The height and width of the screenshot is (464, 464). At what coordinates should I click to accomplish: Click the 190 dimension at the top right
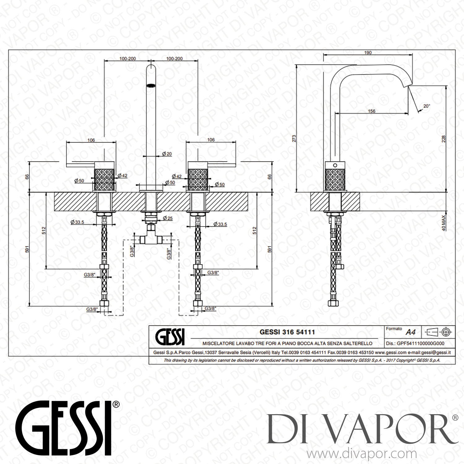tap(368, 53)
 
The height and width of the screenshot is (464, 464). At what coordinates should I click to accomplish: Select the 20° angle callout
tap(427, 106)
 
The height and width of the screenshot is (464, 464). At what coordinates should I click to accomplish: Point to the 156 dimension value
tap(372, 111)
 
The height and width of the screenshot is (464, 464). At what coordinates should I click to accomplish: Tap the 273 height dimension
tap(294, 138)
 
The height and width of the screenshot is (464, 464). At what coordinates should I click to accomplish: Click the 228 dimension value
tap(444, 139)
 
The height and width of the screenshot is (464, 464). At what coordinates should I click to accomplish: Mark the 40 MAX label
tap(444, 223)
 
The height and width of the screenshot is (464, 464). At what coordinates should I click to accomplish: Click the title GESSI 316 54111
tap(287, 332)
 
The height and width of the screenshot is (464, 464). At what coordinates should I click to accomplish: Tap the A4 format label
tap(410, 332)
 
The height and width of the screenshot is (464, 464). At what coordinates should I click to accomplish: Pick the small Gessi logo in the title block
tap(170, 337)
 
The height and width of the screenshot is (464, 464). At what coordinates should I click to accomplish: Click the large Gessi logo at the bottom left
tap(64, 428)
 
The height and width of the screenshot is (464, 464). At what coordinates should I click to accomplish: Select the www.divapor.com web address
tap(362, 454)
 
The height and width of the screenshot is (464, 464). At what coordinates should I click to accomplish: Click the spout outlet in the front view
tap(151, 85)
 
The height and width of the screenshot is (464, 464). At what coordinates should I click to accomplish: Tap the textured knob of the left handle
tap(104, 179)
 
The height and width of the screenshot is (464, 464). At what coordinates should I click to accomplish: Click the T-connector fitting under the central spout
tap(151, 239)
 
